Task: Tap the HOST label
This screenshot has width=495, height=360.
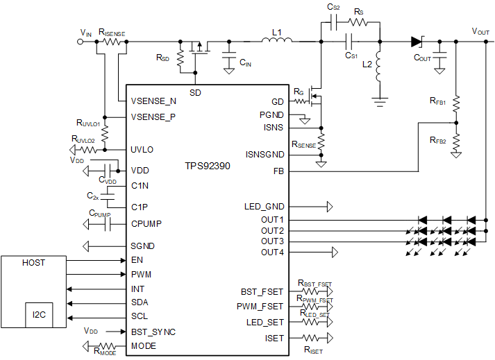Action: tap(33, 263)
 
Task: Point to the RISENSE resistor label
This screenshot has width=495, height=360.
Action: tap(112, 32)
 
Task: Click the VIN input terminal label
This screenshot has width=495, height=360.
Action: tap(85, 33)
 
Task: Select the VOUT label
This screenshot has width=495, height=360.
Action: tap(484, 32)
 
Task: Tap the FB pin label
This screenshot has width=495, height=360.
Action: tap(278, 171)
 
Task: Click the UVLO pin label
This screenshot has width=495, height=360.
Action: tap(142, 149)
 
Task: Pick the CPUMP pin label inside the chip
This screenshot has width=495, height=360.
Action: tap(147, 224)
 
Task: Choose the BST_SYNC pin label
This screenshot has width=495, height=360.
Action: tap(153, 332)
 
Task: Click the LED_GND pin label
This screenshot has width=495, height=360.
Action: tap(264, 207)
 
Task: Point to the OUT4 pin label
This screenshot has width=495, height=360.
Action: tap(272, 252)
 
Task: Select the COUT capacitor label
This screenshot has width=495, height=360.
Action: tap(422, 58)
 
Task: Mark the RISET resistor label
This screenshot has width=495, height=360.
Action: tap(314, 351)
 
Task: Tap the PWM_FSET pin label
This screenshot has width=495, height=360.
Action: tap(260, 306)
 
